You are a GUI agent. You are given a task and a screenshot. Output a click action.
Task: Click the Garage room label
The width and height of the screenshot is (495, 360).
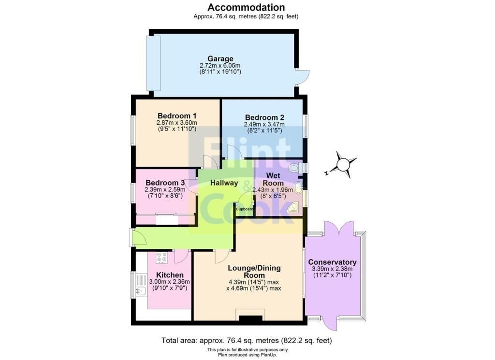pos(220,58)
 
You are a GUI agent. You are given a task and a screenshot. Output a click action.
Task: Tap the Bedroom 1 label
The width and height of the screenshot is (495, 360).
pos(177,115)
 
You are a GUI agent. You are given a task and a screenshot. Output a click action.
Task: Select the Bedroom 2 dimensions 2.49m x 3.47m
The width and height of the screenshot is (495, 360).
pos(264,124)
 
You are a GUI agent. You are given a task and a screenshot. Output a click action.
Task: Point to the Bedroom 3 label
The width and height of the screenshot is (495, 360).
pos(165,183)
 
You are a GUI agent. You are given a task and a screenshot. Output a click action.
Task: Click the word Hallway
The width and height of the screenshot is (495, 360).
pos(224,183)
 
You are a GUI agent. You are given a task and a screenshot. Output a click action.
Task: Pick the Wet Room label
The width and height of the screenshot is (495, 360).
pos(273,179)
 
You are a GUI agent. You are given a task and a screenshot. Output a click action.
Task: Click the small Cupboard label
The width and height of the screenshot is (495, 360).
pos(245,209)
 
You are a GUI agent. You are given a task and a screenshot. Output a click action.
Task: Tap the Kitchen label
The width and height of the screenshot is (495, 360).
pos(170,275)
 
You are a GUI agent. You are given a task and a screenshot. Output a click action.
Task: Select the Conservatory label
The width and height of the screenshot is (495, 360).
pos(332,262)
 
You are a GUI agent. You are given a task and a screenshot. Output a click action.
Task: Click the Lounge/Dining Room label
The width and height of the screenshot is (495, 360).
pos(254,272)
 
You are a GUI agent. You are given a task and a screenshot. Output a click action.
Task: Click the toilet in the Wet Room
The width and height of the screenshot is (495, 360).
pos(295,168)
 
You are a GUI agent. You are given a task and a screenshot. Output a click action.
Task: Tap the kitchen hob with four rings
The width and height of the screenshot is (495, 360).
pos(162,258)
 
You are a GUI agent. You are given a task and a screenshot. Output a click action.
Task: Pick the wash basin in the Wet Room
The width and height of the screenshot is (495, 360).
pos(298,187)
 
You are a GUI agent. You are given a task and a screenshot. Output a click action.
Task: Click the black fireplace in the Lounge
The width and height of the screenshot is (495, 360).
pos(251,318)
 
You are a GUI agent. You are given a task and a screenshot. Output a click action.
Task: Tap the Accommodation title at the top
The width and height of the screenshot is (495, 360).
pos(246,7)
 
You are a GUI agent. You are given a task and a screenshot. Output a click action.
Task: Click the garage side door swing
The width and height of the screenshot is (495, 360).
pos(302,77)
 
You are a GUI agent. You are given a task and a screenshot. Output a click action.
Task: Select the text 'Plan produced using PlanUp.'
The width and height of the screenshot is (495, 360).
pos(247,355)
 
